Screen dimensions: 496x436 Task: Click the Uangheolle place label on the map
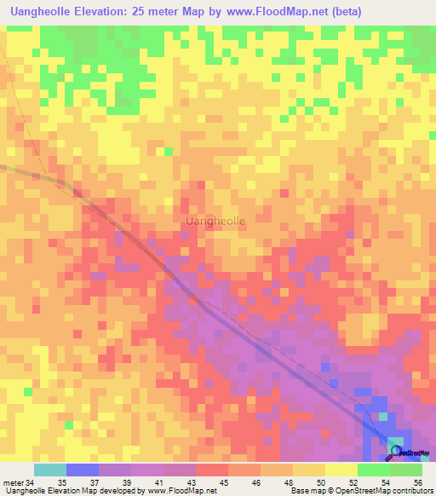(x=215, y=221)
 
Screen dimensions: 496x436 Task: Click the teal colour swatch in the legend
(x=50, y=470)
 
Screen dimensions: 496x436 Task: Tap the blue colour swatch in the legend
(x=83, y=470)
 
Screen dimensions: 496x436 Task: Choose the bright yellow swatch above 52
(x=341, y=470)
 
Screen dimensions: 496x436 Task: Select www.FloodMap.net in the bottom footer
(x=180, y=491)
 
